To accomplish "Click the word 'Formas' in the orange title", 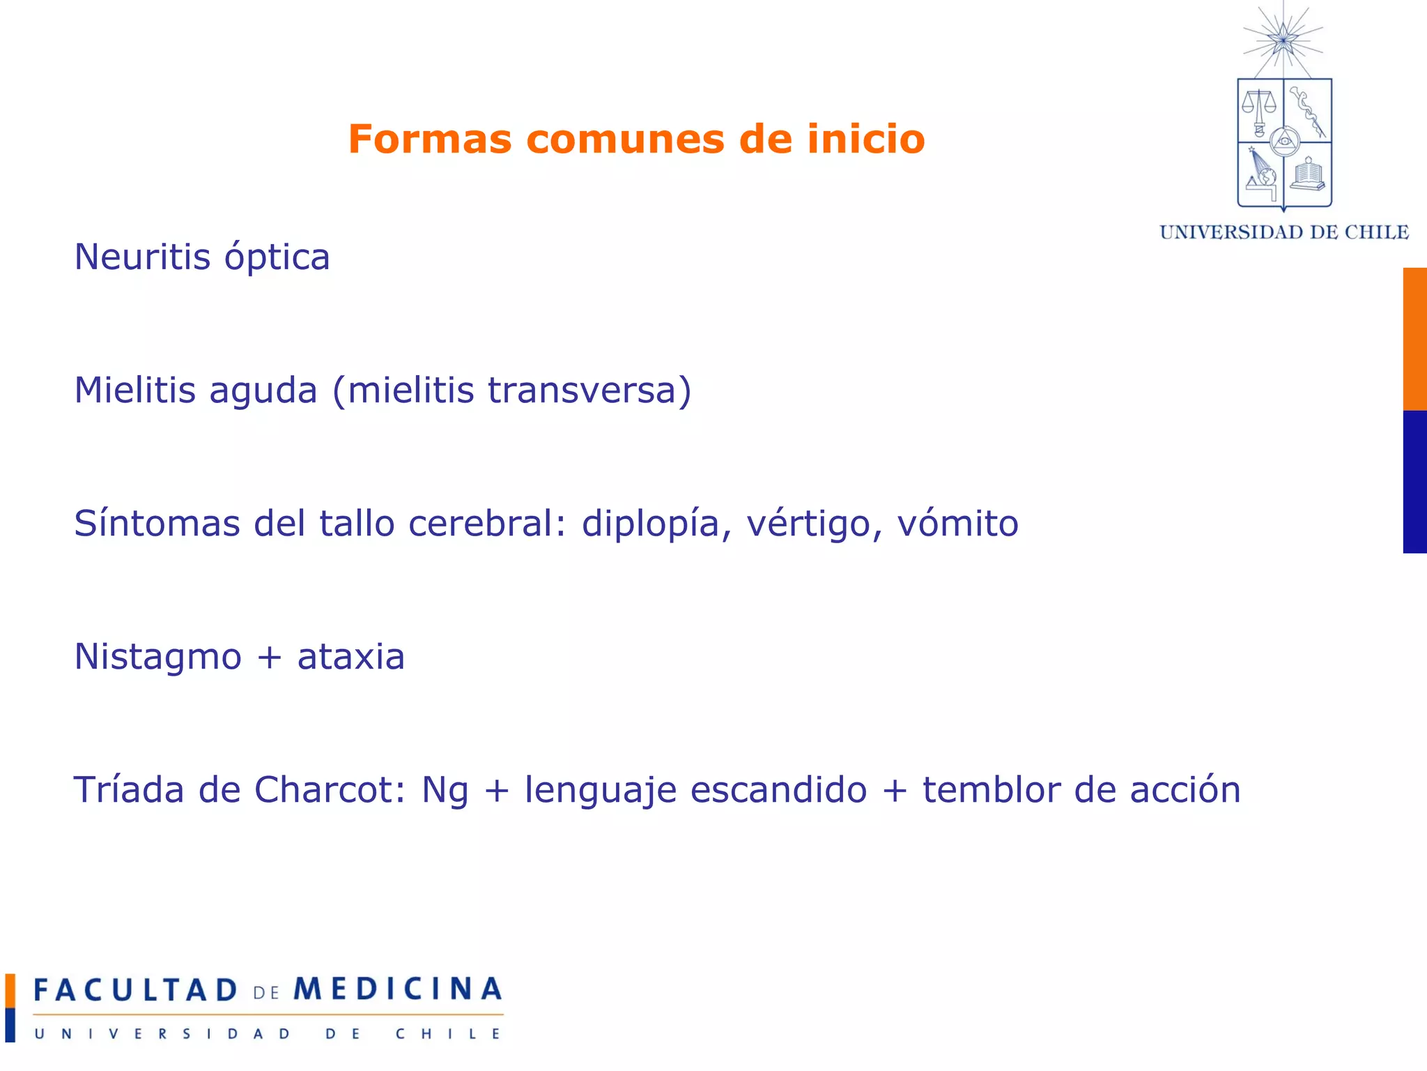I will pos(429,139).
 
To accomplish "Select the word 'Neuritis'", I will pos(142,257).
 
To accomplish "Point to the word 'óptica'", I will pos(277,258).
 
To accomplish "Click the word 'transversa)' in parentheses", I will pos(589,390).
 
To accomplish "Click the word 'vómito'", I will pos(957,523).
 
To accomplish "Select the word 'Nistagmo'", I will pos(157,658).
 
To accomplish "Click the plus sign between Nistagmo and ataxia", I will pos(269,658).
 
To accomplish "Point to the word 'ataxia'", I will pos(350,657).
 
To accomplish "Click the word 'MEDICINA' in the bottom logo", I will pos(397,989).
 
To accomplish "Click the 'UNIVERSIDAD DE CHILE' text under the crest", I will pos(1283,232).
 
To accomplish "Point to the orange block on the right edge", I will pos(1414,339).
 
